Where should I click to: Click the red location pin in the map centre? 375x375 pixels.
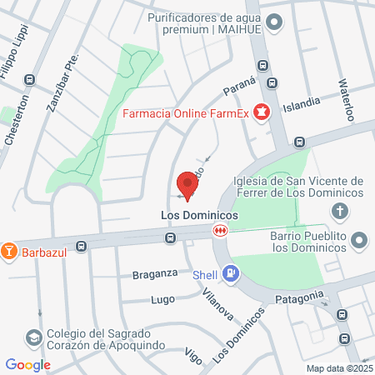click(187, 185)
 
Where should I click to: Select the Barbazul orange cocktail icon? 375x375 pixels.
click(9, 249)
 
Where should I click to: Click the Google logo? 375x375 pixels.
click(28, 364)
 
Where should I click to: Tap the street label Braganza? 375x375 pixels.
click(155, 273)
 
